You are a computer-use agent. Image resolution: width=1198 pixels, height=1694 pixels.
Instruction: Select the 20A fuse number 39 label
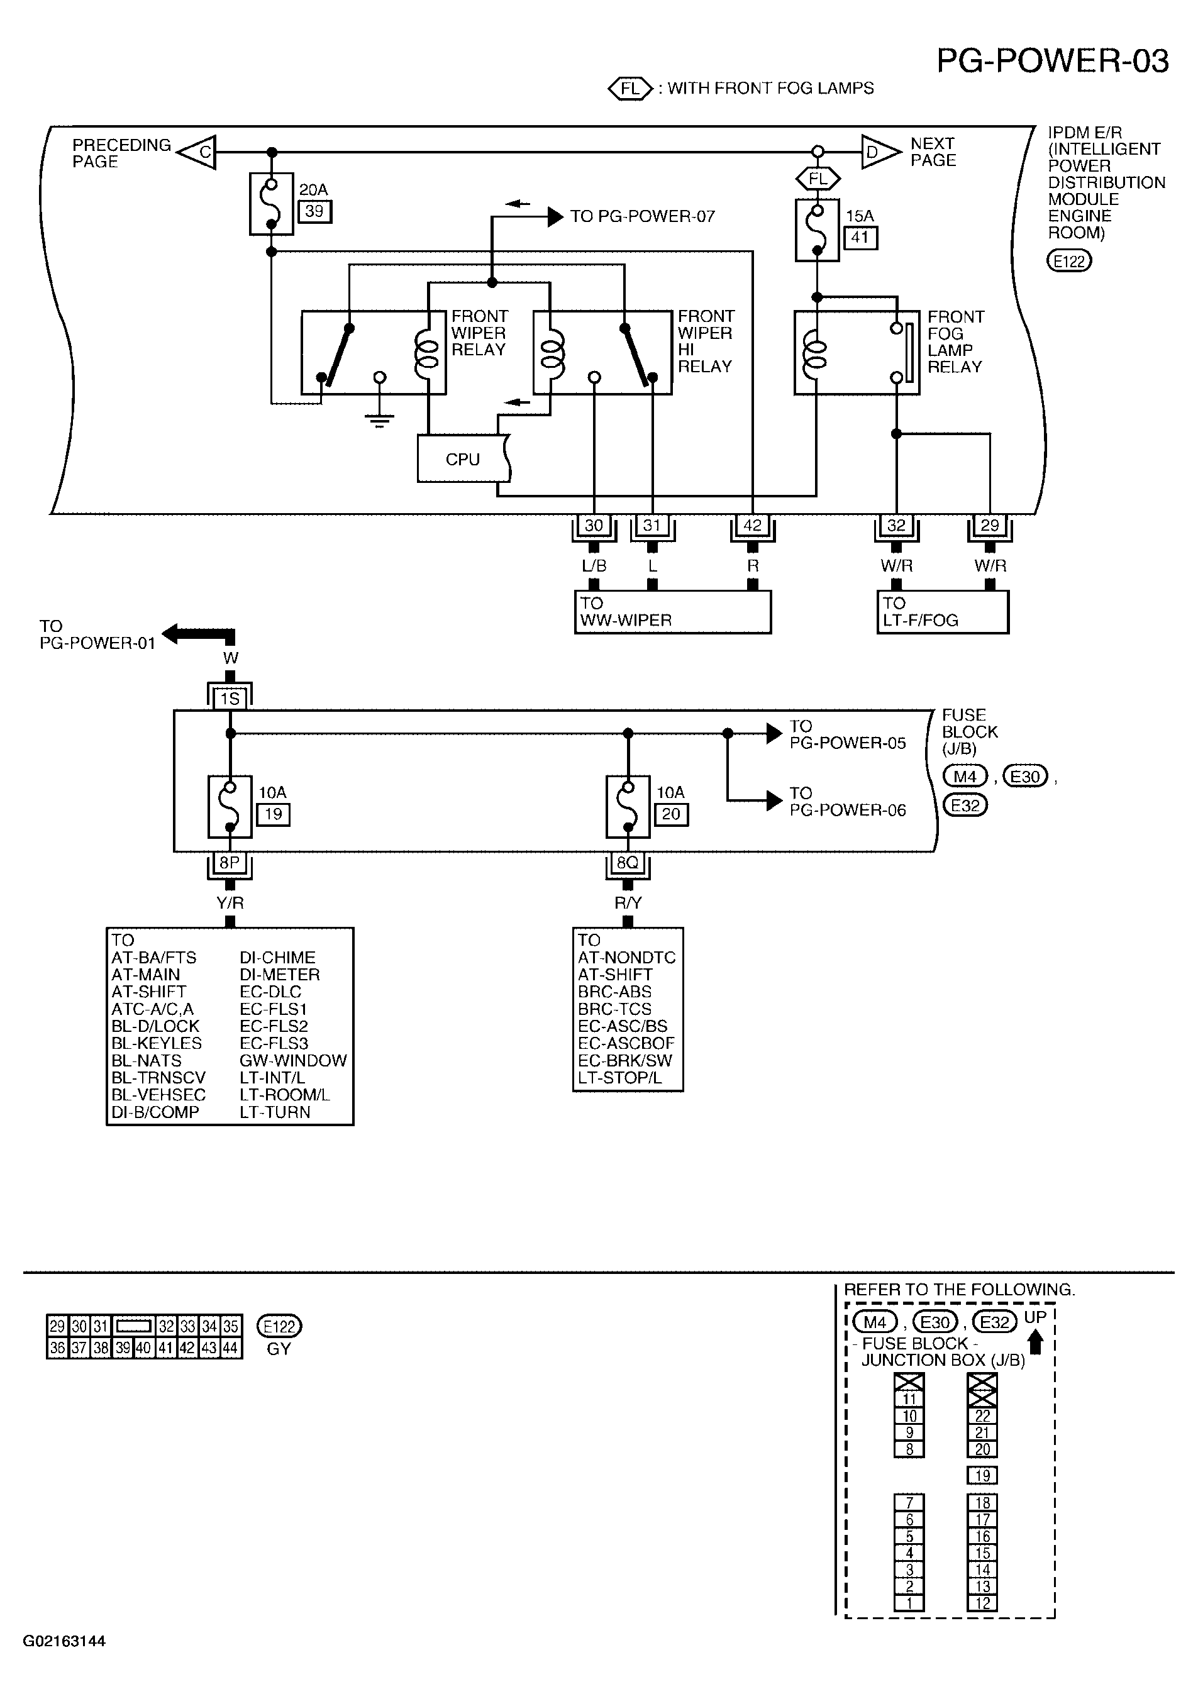click(314, 212)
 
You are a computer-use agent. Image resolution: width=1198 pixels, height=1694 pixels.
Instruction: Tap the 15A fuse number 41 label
click(860, 238)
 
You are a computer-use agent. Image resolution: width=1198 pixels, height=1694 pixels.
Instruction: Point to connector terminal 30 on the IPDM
click(594, 525)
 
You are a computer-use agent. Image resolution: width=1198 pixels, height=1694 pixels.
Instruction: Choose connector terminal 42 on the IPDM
click(752, 525)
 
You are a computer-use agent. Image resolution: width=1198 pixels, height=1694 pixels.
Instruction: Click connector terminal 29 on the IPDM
click(990, 525)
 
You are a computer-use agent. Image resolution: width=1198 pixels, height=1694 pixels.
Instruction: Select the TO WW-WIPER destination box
click(673, 612)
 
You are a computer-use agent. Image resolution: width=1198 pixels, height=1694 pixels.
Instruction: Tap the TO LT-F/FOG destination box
click(943, 612)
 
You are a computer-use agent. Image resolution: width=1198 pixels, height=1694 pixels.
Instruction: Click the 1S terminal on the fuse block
click(230, 698)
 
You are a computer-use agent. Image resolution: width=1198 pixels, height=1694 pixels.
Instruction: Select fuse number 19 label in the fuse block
click(273, 814)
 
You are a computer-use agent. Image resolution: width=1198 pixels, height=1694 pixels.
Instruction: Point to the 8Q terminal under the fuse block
click(628, 863)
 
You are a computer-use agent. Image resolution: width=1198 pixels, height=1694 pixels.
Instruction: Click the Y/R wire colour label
click(230, 903)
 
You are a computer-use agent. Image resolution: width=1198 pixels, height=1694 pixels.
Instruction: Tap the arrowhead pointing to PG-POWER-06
click(775, 800)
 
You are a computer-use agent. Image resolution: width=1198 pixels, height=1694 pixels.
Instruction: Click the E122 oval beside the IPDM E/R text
click(1070, 260)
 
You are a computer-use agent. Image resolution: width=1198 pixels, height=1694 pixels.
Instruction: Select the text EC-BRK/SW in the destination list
click(626, 1060)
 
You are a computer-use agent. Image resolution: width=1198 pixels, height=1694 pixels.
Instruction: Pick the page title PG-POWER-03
click(1053, 61)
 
